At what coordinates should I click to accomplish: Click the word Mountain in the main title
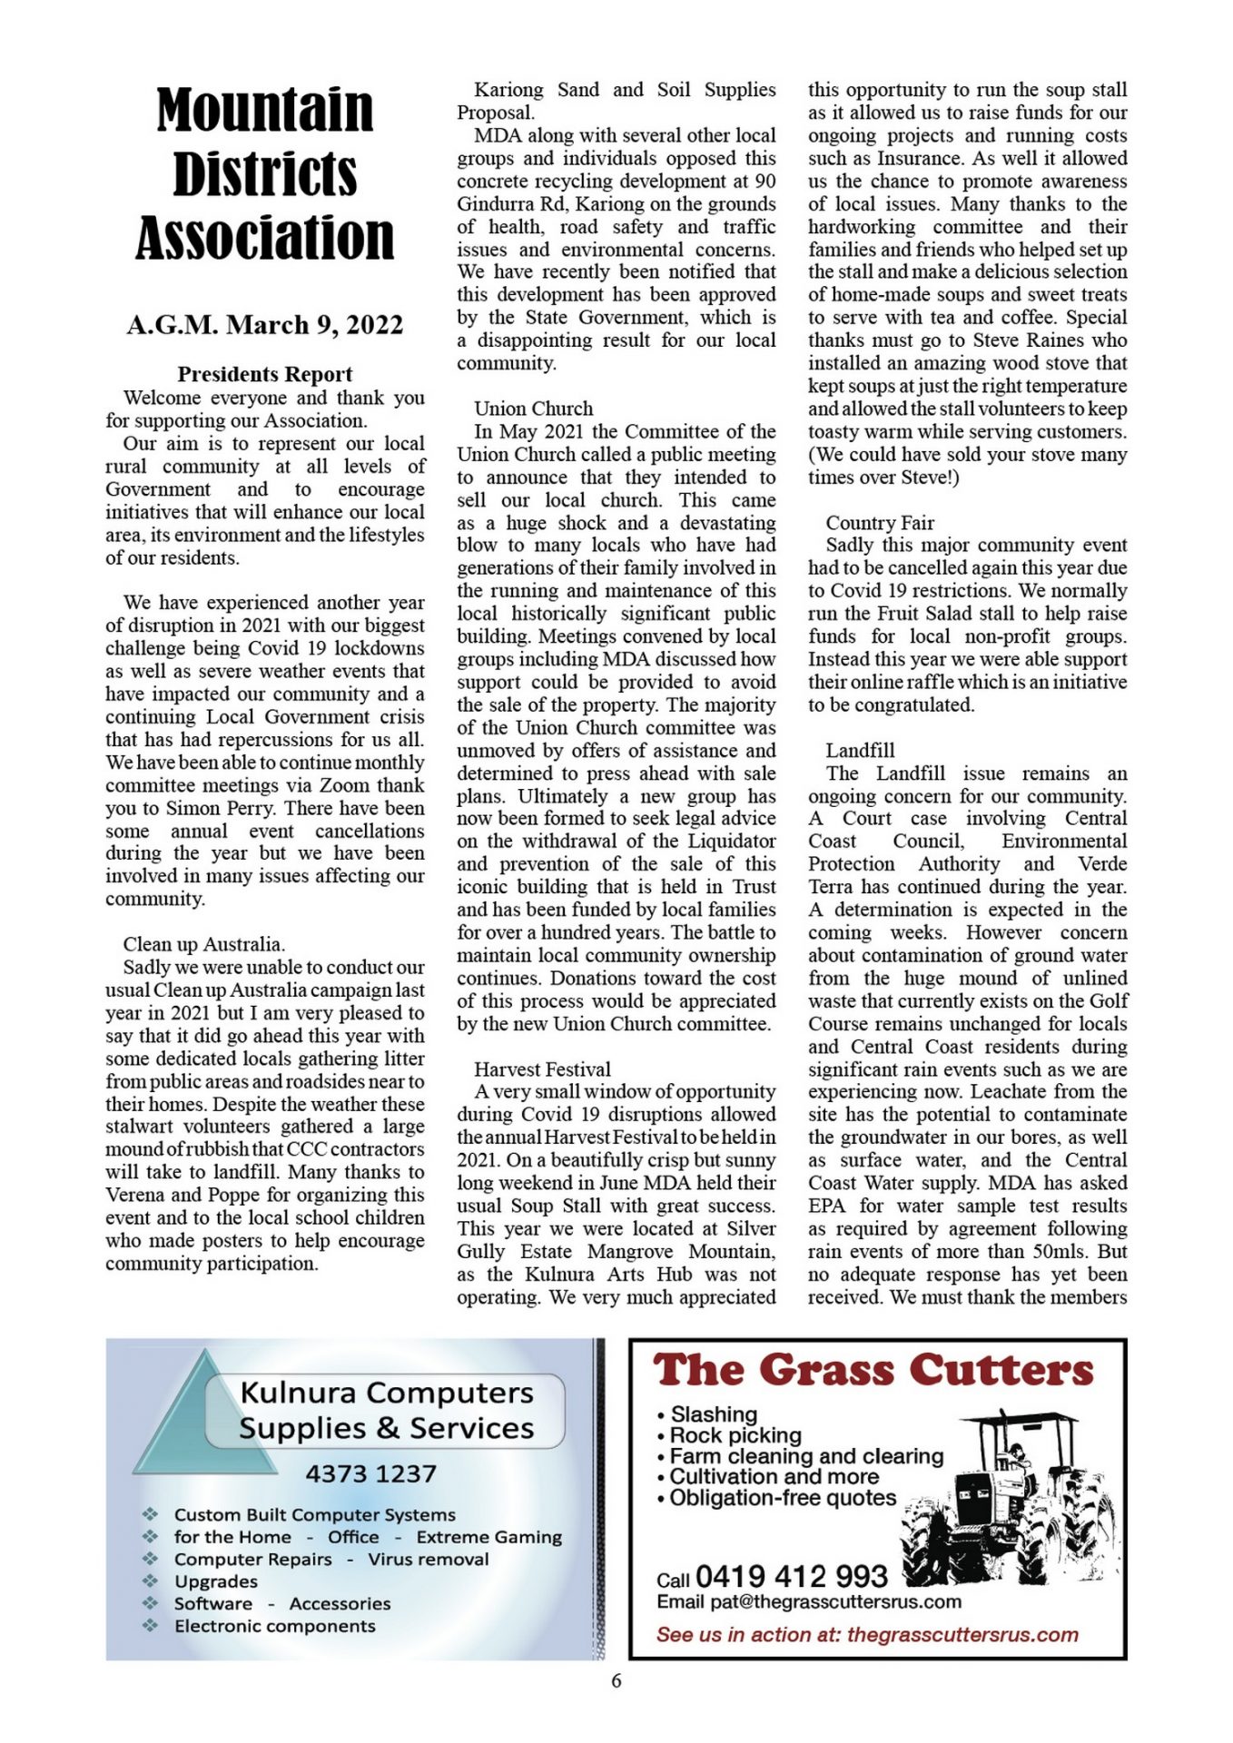(264, 111)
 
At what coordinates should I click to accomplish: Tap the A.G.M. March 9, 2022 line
(264, 325)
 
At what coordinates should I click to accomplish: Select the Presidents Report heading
(264, 374)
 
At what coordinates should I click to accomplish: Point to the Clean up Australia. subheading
(204, 944)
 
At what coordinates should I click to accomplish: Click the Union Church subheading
(533, 409)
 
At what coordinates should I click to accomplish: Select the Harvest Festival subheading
(542, 1069)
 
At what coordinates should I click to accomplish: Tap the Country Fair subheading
(880, 523)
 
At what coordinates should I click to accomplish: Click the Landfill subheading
(860, 751)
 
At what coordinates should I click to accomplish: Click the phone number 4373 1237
(370, 1473)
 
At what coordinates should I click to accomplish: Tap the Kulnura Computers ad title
(387, 1410)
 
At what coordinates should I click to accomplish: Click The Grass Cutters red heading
(873, 1372)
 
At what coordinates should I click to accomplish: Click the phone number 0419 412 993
(791, 1576)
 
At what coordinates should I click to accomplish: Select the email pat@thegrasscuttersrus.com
(835, 1602)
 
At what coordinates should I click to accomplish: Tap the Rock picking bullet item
(735, 1435)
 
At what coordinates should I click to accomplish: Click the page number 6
(616, 1680)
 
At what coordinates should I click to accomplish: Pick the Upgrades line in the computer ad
(216, 1581)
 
